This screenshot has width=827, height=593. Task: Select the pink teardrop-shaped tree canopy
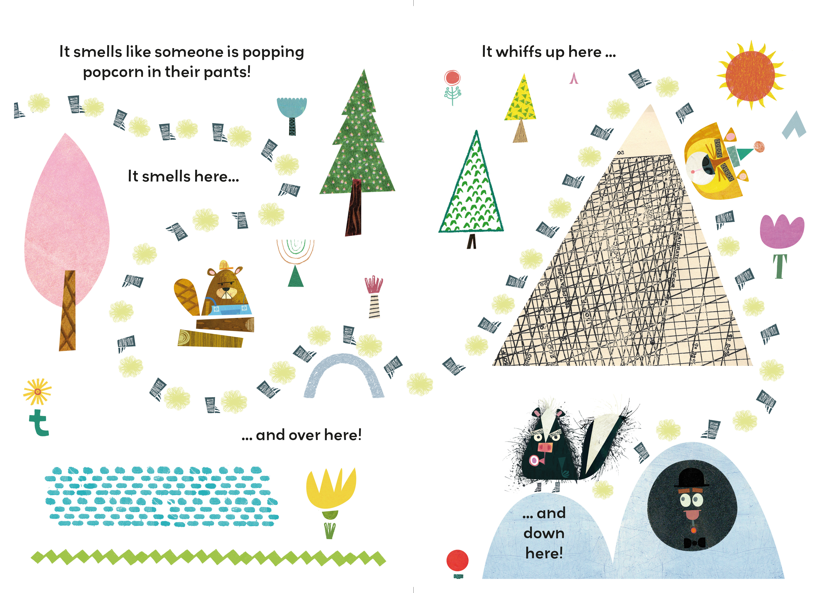tap(67, 212)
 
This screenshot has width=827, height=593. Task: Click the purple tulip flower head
tap(781, 232)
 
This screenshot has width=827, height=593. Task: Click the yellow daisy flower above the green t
tap(37, 391)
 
